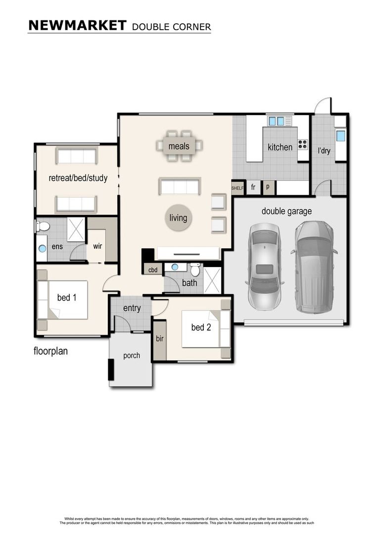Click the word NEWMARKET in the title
77,26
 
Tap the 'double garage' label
286,212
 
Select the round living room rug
178,218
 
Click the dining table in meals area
179,146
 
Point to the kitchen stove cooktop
302,145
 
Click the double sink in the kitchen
276,121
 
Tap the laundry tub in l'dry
340,136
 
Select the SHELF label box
238,187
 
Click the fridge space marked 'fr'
253,187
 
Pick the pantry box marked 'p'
268,187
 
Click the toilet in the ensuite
43,226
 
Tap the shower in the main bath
213,280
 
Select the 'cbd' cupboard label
152,269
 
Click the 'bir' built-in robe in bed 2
159,340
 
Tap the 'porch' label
131,356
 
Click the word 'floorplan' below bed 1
50,352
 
